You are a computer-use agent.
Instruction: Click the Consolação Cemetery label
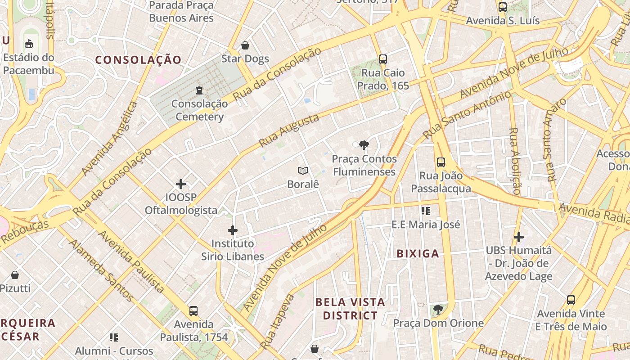coord(199,110)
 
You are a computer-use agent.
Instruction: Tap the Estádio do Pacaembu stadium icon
coord(29,44)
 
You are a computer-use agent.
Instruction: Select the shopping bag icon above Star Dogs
coord(245,45)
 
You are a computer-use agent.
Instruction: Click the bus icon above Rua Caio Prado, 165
coord(383,59)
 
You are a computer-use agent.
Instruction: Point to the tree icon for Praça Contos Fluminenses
coord(364,145)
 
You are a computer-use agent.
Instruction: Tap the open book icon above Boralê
coord(303,171)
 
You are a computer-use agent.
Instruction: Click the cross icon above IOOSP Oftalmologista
coord(181,184)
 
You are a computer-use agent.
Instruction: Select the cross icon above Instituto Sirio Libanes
coord(233,230)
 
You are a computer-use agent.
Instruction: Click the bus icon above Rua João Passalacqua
coord(441,162)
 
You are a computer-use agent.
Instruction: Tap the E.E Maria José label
coord(426,224)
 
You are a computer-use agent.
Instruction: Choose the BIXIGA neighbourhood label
coord(418,254)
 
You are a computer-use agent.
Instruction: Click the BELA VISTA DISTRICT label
coord(350,309)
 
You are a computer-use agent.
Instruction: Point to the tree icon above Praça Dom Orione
coord(438,310)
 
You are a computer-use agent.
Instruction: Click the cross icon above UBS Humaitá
coord(519,237)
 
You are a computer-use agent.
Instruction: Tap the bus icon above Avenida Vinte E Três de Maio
coord(571,300)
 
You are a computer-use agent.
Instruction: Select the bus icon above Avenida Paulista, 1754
coord(193,310)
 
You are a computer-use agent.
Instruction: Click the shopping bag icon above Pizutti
coord(15,274)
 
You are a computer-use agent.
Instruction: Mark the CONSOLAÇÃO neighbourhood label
coord(138,60)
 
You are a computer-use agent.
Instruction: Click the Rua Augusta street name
coord(289,130)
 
